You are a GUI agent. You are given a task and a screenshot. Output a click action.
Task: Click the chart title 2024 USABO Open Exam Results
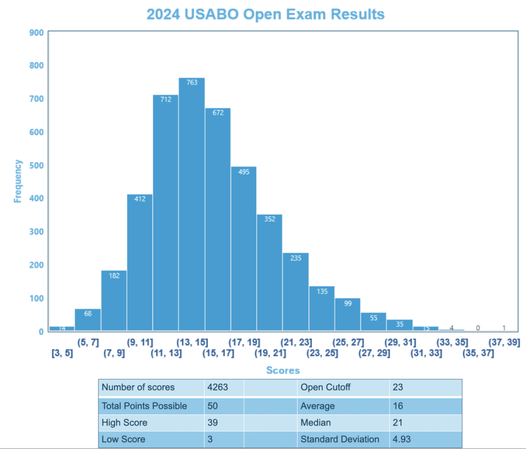tap(265, 14)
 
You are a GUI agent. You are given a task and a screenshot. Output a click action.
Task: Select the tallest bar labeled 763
tap(191, 205)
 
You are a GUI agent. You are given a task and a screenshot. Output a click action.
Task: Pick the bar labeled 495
tap(244, 249)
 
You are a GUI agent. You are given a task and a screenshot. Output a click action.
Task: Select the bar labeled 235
tap(296, 292)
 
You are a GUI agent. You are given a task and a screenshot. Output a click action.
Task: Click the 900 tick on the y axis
tap(38, 33)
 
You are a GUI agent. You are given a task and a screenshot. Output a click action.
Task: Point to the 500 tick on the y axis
tap(38, 165)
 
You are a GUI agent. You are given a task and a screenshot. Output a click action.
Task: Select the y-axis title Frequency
tap(18, 181)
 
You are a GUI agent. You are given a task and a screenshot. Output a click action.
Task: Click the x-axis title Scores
tap(283, 371)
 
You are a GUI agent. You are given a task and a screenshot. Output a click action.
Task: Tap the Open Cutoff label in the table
tap(325, 388)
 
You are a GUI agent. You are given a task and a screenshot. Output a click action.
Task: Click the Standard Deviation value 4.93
tap(401, 439)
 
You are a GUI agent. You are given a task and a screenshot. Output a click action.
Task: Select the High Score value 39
tap(211, 422)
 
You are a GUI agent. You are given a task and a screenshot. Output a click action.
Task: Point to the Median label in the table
tap(316, 422)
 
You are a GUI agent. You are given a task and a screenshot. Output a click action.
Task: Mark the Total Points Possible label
tap(144, 406)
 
